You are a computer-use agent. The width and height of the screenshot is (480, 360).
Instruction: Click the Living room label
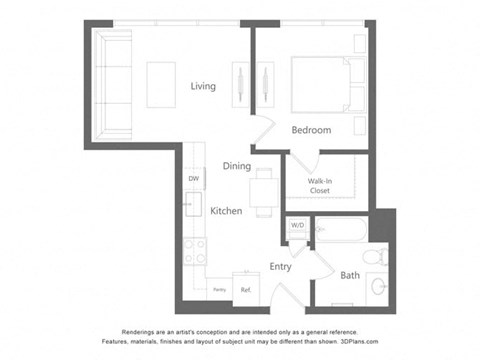click(203, 86)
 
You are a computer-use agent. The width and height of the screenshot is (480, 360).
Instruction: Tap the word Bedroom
click(311, 130)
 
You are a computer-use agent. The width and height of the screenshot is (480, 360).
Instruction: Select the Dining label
click(236, 166)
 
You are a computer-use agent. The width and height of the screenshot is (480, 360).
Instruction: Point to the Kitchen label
click(225, 211)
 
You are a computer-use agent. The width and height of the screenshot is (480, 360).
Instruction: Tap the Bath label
click(350, 274)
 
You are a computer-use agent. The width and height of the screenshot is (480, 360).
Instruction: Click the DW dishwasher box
click(193, 179)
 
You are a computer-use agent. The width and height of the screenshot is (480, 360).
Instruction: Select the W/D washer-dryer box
click(297, 225)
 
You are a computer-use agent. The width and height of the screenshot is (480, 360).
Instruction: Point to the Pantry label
click(219, 290)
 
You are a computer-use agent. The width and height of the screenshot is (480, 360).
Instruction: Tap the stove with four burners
click(194, 250)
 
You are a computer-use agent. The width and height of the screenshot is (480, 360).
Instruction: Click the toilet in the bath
click(373, 257)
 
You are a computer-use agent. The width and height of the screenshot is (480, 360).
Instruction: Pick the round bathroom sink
click(378, 287)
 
